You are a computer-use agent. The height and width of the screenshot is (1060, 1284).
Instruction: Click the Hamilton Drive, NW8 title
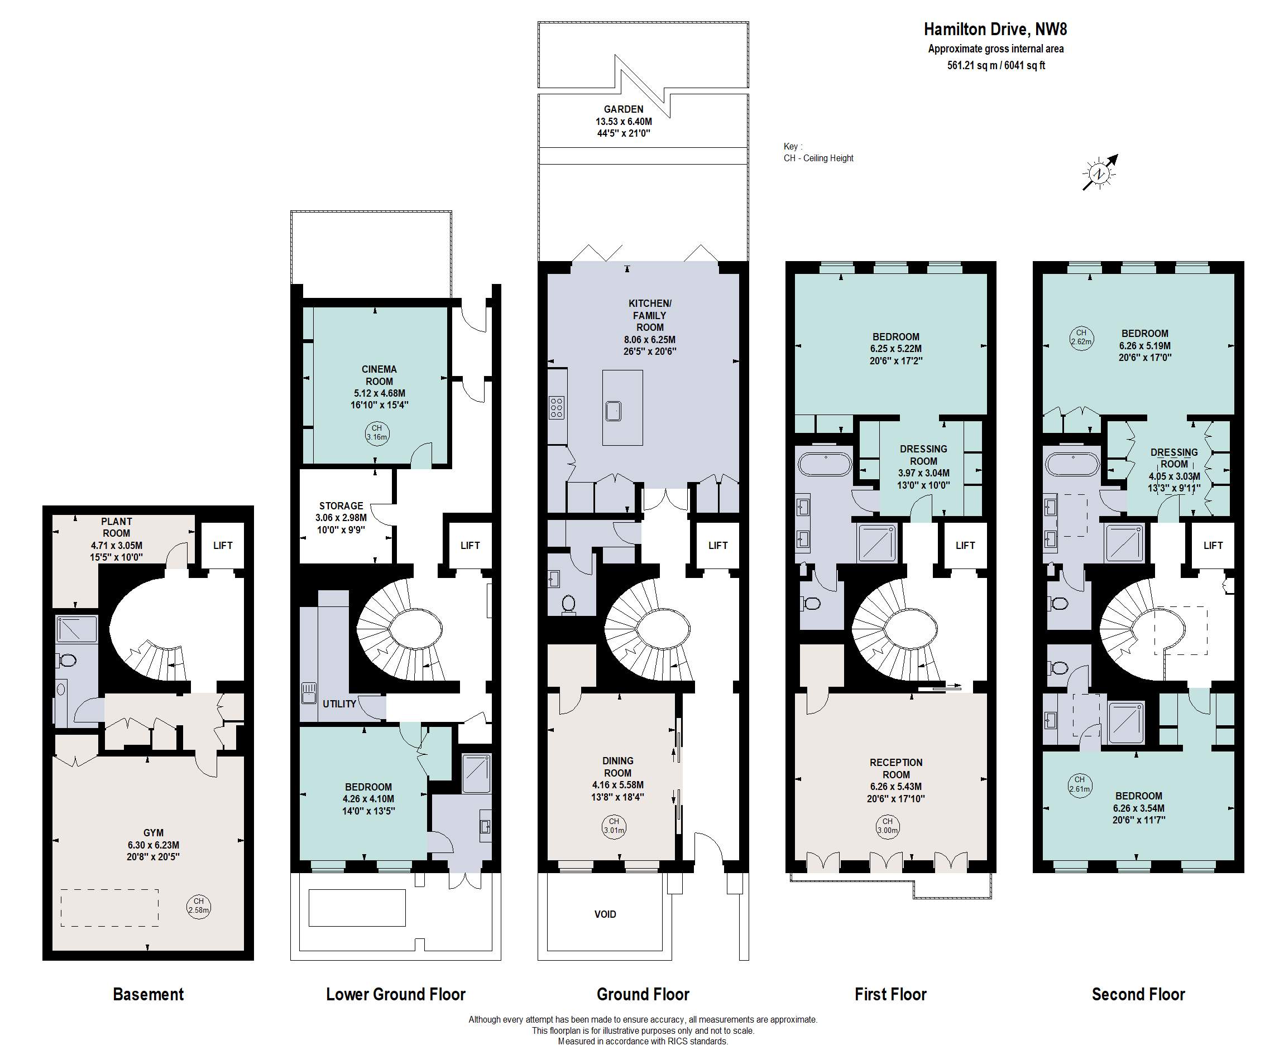[995, 30]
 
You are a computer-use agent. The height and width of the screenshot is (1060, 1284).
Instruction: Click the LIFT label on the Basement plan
[223, 545]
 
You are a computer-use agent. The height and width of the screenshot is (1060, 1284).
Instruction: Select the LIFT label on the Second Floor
[1213, 545]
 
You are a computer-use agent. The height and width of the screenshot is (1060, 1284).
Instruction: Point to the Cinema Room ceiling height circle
[377, 433]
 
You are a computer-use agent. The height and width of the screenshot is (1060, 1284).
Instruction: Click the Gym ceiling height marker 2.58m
[199, 905]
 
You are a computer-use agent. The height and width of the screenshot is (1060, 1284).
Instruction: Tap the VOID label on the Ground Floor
[605, 914]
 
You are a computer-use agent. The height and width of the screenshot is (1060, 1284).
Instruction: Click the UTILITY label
[339, 704]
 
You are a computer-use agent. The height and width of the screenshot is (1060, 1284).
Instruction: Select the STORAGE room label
[341, 505]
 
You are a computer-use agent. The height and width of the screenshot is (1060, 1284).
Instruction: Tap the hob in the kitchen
[557, 407]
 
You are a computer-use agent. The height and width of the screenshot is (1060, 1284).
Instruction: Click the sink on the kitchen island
[614, 411]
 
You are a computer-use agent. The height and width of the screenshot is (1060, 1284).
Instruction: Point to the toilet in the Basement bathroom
[66, 660]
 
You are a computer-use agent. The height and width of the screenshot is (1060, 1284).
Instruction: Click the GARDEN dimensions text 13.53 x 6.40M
[624, 122]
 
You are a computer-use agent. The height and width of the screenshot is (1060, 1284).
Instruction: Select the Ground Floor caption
[643, 995]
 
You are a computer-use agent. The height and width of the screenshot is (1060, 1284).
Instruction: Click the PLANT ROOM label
[116, 527]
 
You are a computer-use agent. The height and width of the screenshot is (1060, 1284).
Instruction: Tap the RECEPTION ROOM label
[896, 768]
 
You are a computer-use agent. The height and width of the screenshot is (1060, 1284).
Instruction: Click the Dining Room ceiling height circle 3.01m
[614, 826]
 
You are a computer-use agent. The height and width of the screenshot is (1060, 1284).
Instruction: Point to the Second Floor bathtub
[1074, 464]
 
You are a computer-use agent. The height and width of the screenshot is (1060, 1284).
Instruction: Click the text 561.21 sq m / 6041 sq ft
[996, 65]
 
